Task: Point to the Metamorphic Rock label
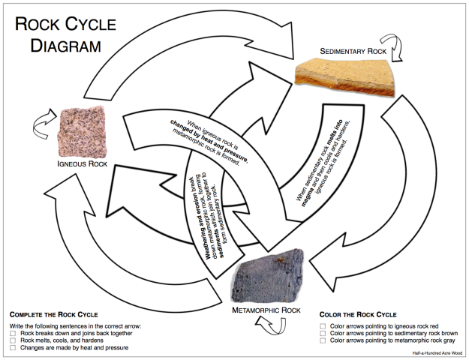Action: (266, 310)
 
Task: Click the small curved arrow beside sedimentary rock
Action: (393, 46)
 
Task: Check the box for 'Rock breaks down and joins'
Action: (13, 333)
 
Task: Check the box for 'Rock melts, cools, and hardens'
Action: (13, 340)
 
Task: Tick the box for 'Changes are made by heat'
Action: (13, 348)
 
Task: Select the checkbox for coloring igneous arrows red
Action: (323, 327)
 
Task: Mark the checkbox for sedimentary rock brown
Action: (323, 334)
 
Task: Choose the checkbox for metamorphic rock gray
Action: (323, 342)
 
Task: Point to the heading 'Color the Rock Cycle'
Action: (358, 314)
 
